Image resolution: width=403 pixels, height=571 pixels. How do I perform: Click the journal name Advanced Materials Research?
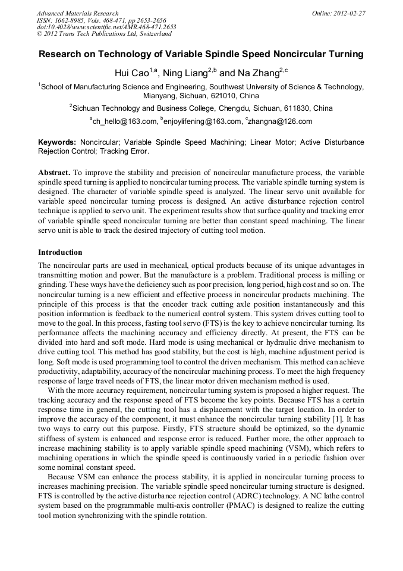pos(77,13)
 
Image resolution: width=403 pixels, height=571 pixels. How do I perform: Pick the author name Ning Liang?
pos(181,73)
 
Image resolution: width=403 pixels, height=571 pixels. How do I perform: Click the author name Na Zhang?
pos(258,73)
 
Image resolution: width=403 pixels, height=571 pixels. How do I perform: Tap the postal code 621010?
pos(224,95)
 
